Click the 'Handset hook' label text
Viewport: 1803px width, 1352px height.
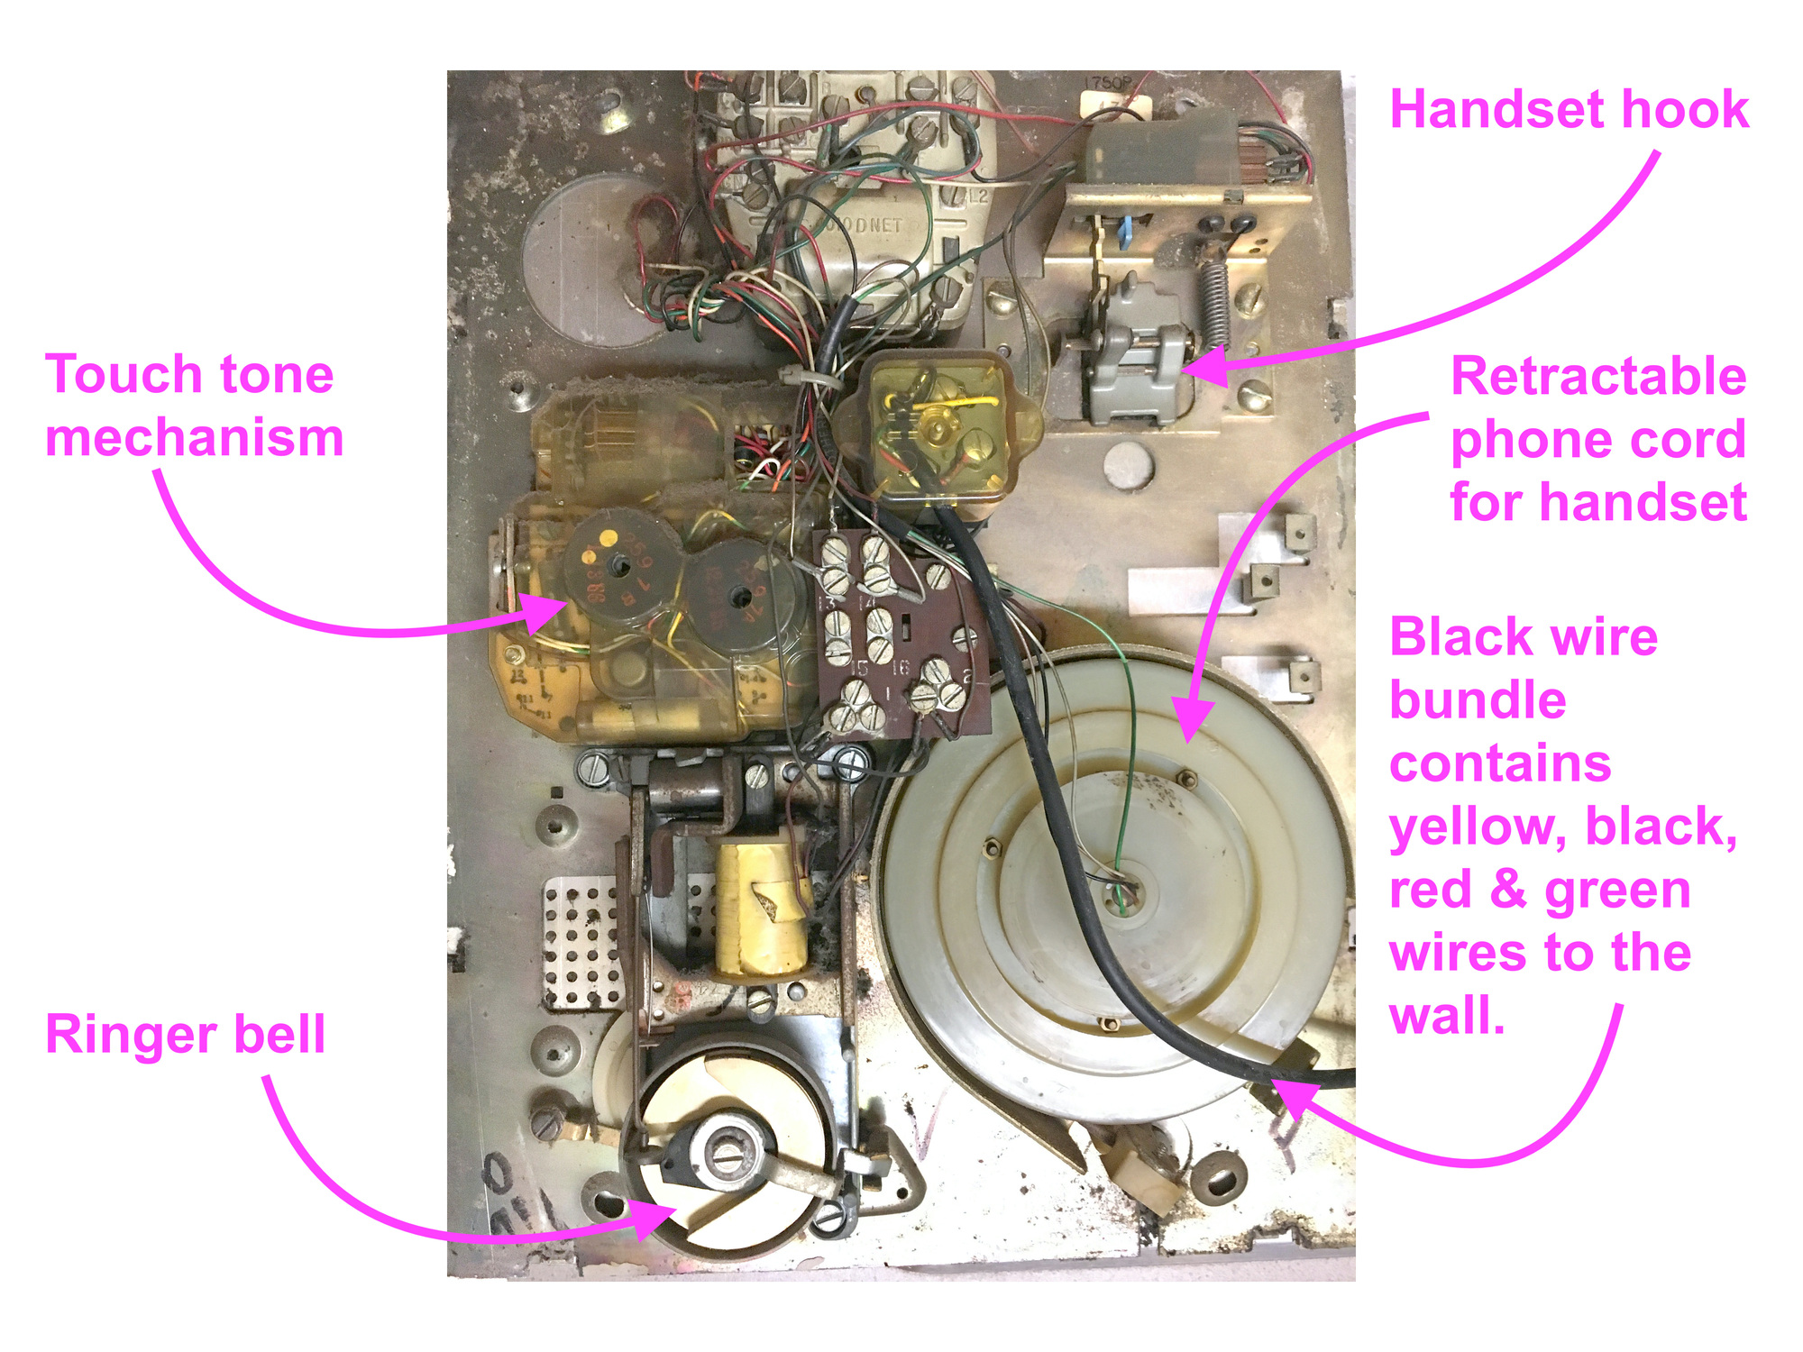[x=1569, y=110]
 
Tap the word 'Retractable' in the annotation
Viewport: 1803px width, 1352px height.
[x=1598, y=376]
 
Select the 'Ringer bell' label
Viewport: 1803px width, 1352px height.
[x=185, y=1034]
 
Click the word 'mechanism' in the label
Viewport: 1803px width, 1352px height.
[x=194, y=438]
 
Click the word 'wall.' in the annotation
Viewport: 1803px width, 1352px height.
[x=1447, y=1016]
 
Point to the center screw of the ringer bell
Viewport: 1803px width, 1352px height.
[x=727, y=1151]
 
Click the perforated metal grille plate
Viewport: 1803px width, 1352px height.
[x=581, y=942]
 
